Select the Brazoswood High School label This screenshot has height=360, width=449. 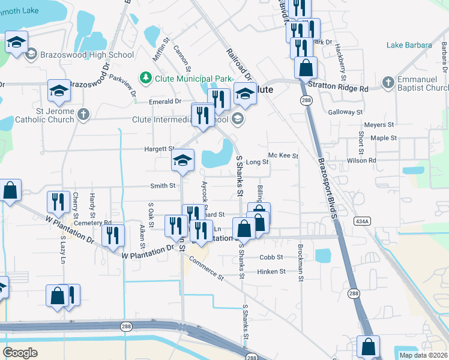point(87,55)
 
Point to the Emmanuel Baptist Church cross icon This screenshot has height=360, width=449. point(388,82)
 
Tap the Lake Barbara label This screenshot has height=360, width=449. point(409,45)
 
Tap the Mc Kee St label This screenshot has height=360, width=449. point(283,156)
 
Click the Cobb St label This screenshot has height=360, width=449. point(271,257)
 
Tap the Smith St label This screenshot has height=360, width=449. point(163,186)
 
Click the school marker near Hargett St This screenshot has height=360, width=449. point(183,160)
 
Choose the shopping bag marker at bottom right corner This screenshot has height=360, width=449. point(368,347)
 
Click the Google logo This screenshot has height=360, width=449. point(20,353)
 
